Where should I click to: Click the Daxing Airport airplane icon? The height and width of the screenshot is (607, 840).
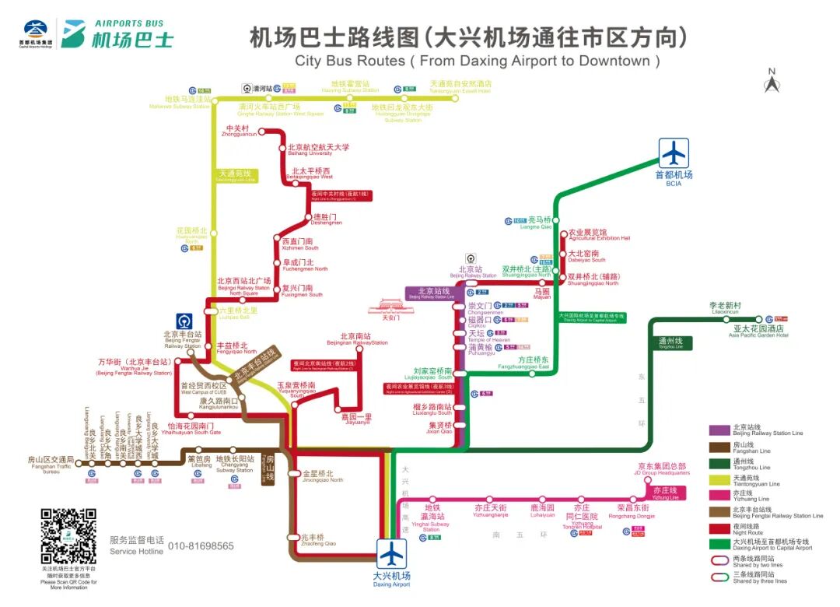pos(392,554)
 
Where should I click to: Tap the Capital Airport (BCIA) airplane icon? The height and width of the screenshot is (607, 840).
pos(674,153)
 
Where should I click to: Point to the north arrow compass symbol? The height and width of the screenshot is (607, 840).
pos(772,81)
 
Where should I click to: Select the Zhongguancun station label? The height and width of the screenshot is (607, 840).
pos(238,131)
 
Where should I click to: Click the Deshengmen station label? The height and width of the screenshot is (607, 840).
pos(327,219)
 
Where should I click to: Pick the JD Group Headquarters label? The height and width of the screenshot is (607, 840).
pos(662,469)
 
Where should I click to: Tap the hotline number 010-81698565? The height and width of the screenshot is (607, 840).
pos(201,546)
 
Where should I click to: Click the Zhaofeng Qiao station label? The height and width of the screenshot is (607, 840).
pos(311,540)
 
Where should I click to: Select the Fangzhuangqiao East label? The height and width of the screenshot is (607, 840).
pos(534,363)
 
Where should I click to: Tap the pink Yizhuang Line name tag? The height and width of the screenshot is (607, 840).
pos(665,493)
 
